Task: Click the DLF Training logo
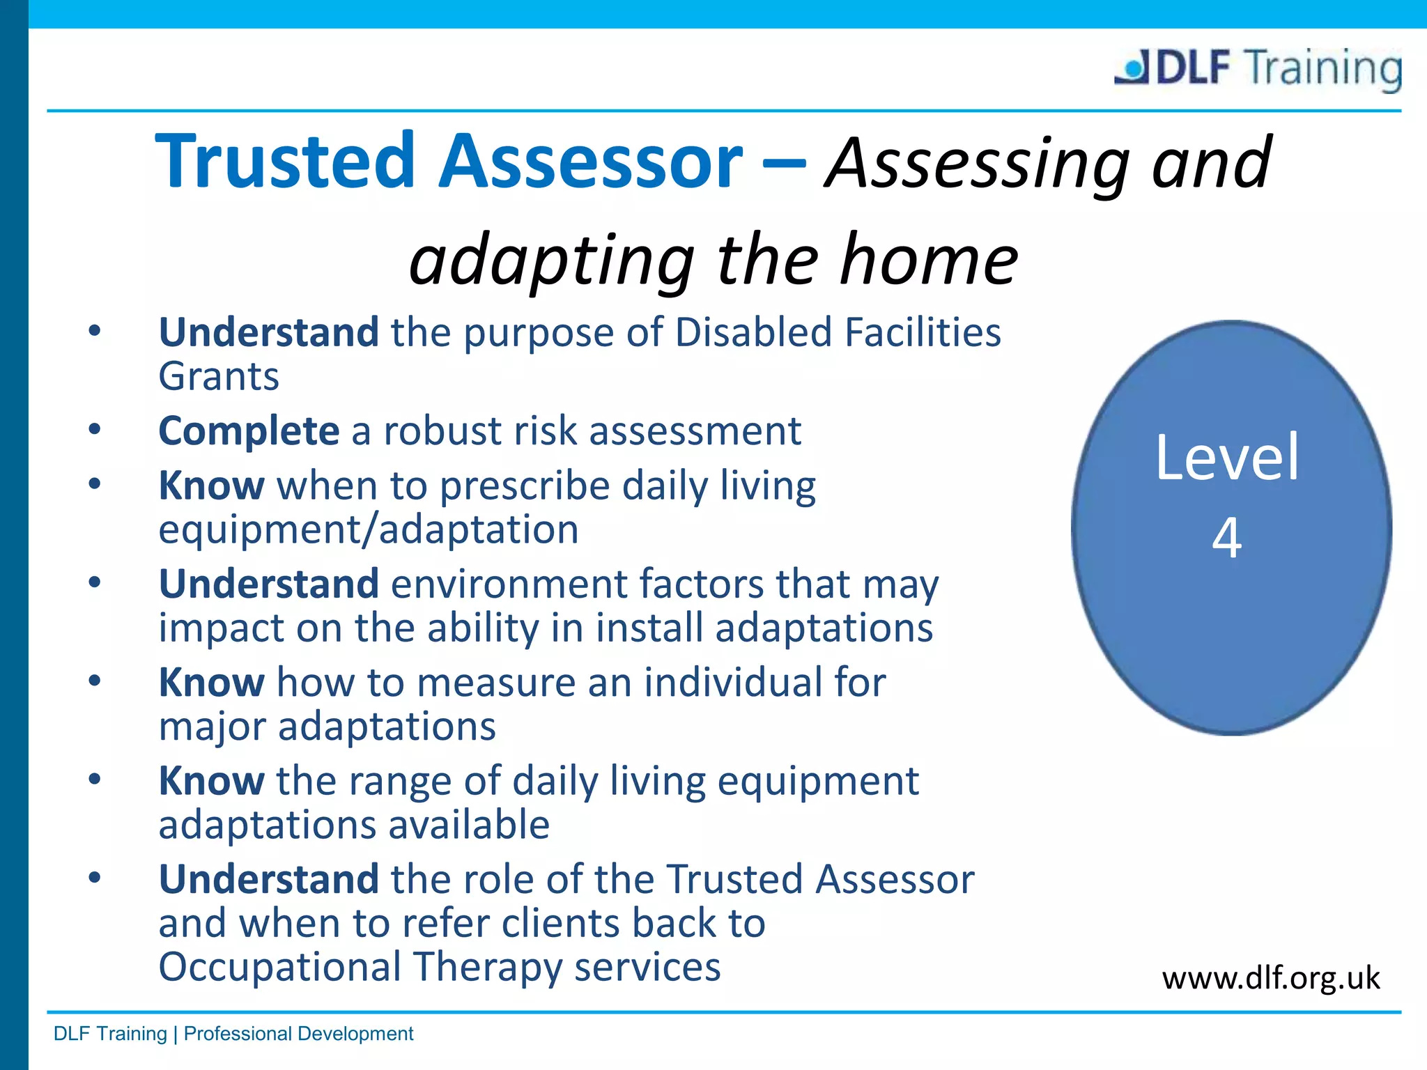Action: tap(1258, 68)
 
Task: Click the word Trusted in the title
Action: tap(284, 162)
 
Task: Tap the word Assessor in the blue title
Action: tap(590, 162)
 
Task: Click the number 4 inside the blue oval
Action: tap(1227, 537)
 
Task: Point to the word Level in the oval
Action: tap(1227, 458)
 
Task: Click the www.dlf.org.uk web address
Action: tap(1270, 978)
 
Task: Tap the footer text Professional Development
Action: tap(298, 1034)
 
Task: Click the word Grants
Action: tap(219, 377)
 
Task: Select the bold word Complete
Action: tap(249, 431)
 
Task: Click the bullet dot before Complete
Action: tap(95, 430)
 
